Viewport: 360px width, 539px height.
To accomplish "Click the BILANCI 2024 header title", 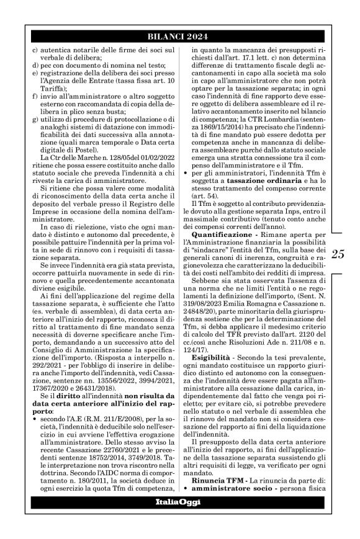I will tap(180, 37).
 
